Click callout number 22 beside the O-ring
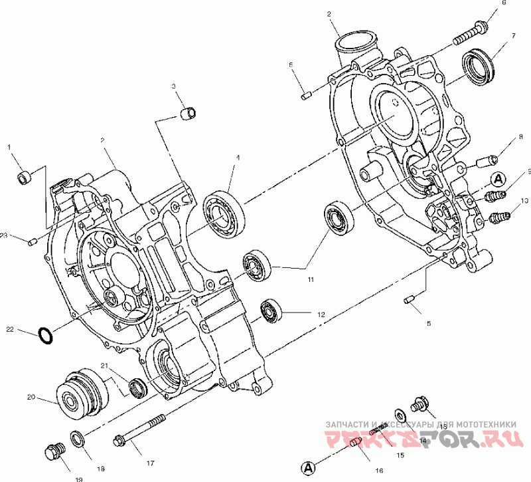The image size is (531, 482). click(x=10, y=328)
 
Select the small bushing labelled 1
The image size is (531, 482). click(x=24, y=177)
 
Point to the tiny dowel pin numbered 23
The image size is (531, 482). click(x=32, y=241)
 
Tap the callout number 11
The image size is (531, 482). click(x=310, y=280)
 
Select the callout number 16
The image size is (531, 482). click(x=378, y=471)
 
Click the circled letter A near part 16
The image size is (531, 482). click(x=307, y=467)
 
